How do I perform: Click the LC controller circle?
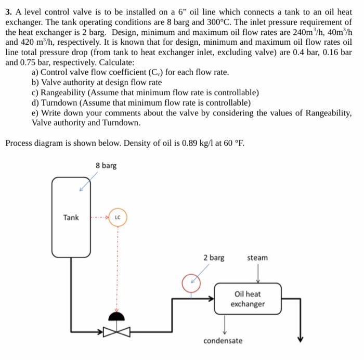click(x=118, y=217)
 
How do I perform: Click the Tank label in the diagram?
click(x=71, y=217)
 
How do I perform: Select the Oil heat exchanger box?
click(x=248, y=299)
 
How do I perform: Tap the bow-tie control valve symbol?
click(x=118, y=332)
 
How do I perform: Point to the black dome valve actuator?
click(x=118, y=316)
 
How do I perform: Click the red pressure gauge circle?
click(x=191, y=283)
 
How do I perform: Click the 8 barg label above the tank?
click(x=106, y=165)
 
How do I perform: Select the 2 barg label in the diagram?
click(x=214, y=258)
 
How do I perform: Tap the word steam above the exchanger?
click(x=257, y=258)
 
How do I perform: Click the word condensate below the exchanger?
click(x=223, y=341)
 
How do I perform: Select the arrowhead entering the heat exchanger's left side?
click(x=211, y=299)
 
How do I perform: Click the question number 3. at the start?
click(x=9, y=11)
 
